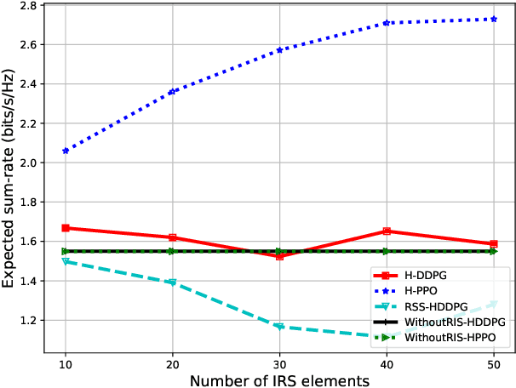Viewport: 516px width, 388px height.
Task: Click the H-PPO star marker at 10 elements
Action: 66,151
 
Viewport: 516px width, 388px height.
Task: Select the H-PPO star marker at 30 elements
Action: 280,50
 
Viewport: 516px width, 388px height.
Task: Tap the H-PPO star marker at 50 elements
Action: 494,19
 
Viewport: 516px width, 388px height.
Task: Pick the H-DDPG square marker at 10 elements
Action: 66,228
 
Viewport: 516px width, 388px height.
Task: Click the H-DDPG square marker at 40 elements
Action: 387,231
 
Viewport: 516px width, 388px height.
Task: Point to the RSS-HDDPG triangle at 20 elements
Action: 173,282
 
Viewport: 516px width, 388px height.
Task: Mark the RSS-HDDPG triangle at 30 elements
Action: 280,327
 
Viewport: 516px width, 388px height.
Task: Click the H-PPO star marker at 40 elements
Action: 387,23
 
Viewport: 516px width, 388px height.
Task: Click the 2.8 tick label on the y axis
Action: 27,6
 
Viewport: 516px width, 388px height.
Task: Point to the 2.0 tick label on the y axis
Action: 27,163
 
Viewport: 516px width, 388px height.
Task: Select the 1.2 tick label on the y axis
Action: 27,321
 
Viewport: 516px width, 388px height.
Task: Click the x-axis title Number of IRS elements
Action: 279,379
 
